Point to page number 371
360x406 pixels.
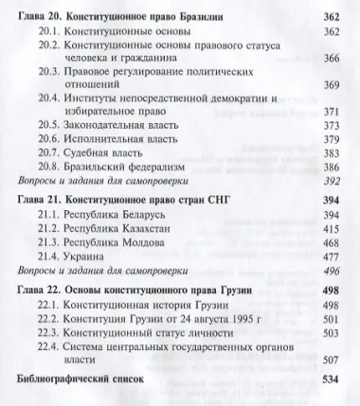(x=331, y=111)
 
